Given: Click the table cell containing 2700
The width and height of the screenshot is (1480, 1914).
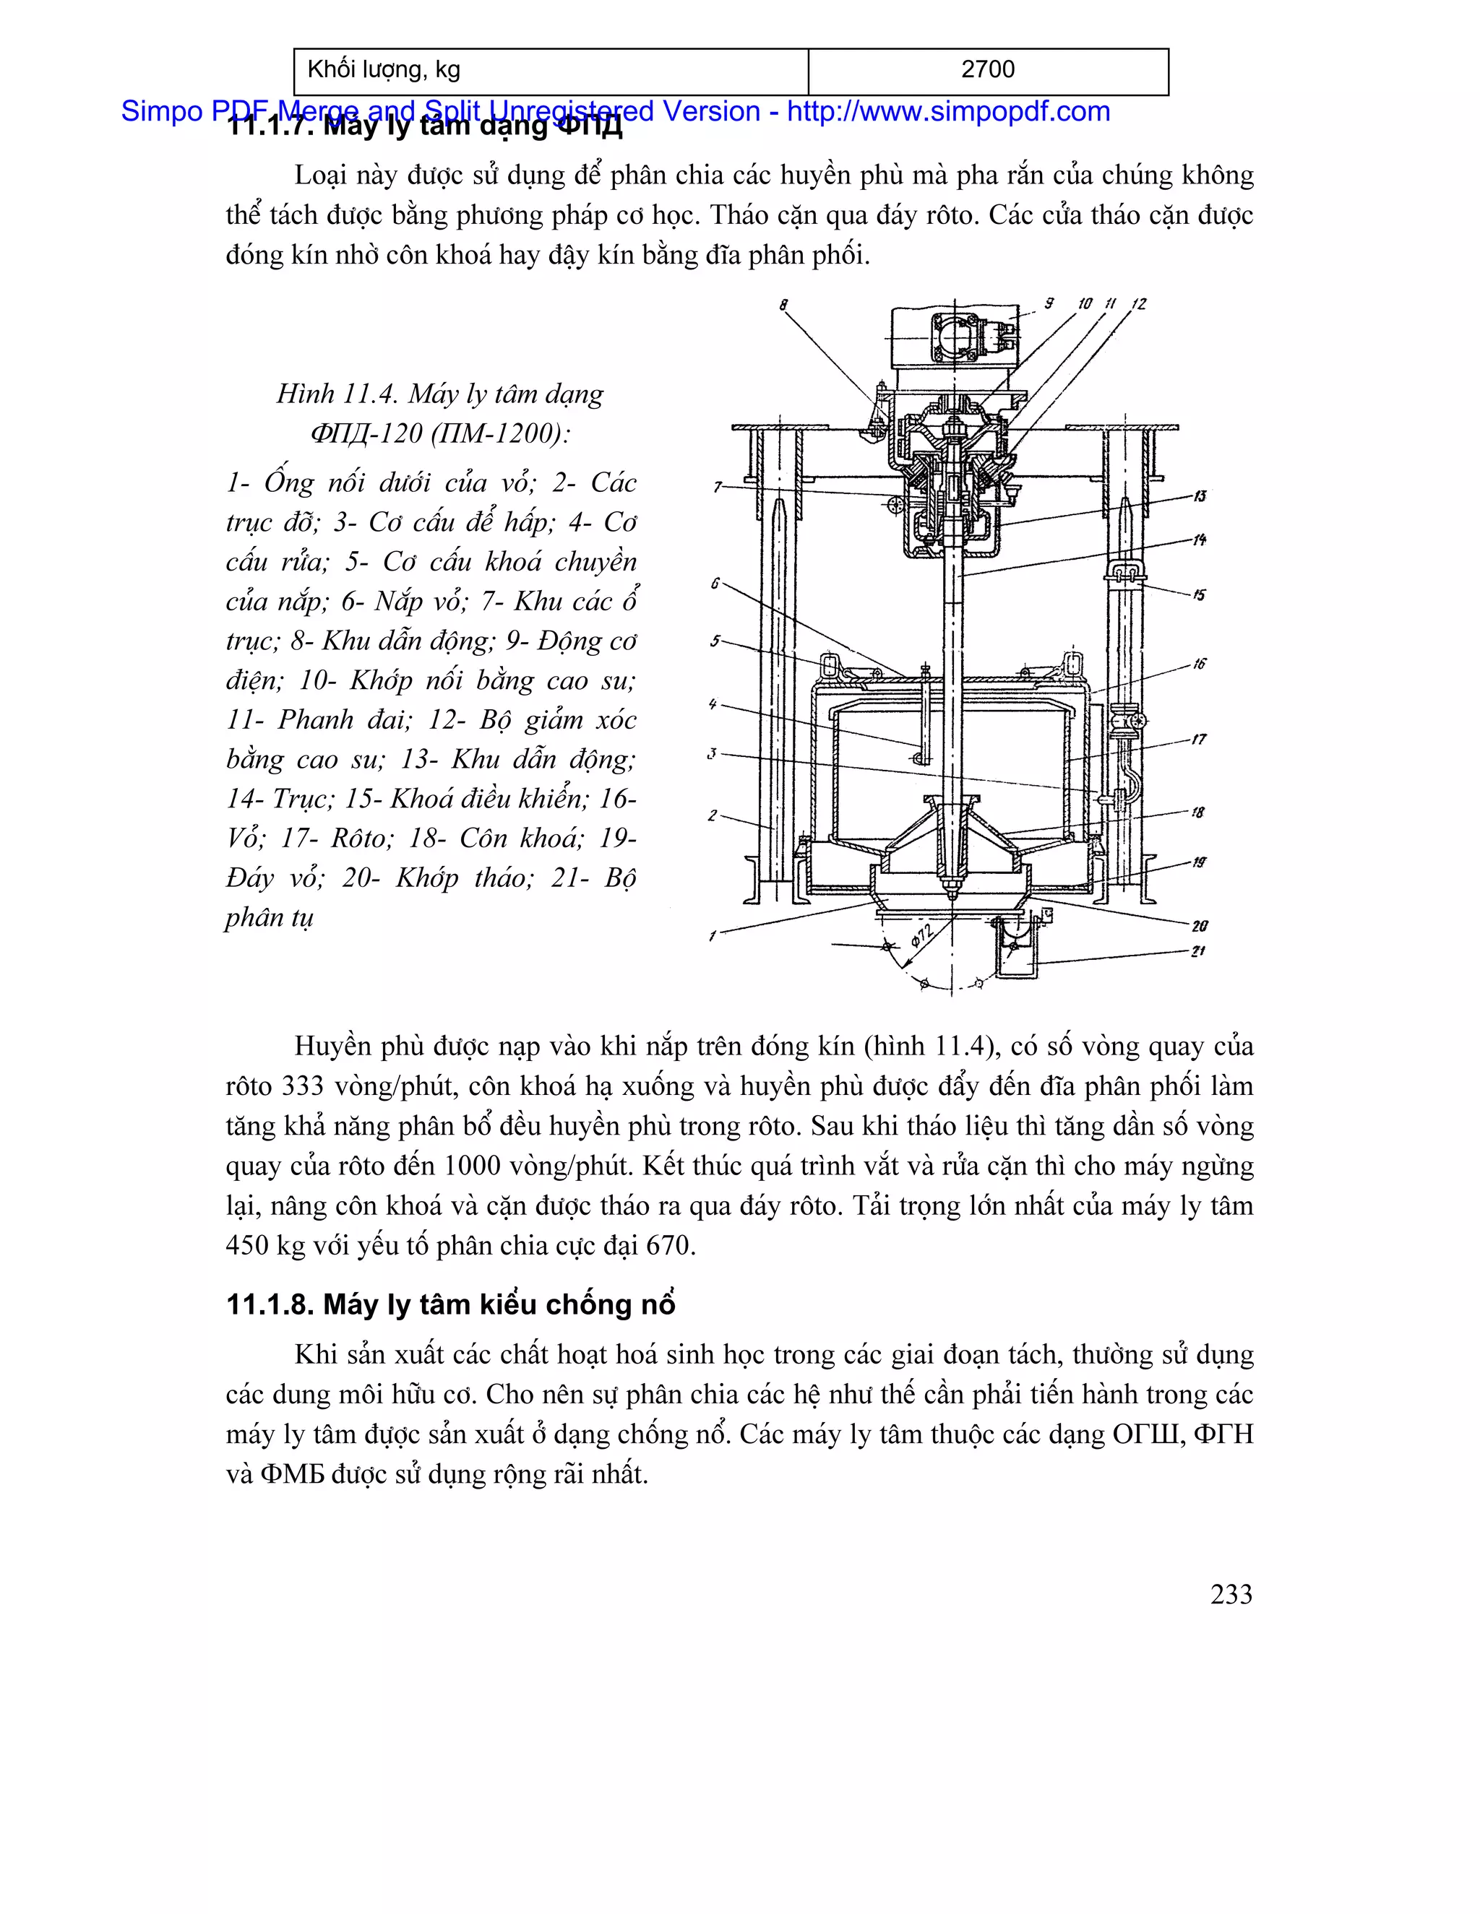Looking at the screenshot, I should tap(987, 70).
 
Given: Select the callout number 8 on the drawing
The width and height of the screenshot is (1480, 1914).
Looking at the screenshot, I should tap(783, 305).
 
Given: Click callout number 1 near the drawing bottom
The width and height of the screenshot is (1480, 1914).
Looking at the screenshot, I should tap(713, 936).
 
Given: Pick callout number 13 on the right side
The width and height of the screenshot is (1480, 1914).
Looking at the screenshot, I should tap(1199, 496).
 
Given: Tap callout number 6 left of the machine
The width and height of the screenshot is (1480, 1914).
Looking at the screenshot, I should tap(715, 583).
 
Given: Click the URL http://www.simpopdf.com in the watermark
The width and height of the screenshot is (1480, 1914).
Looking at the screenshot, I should tap(948, 111).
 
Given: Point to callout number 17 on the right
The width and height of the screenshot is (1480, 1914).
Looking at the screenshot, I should tap(1199, 740).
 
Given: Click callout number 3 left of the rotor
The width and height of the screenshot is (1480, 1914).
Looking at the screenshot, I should tap(712, 753).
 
